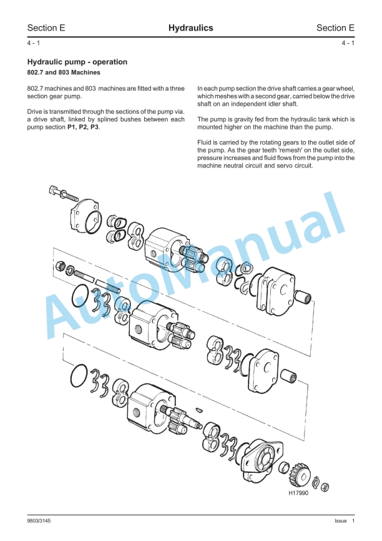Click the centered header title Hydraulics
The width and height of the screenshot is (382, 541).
(x=190, y=28)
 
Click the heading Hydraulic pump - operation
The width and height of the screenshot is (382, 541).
(x=77, y=62)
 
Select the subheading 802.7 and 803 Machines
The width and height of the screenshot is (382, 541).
(x=64, y=72)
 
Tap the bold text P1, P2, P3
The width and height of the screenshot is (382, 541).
(x=83, y=127)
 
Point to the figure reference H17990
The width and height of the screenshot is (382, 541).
(x=300, y=493)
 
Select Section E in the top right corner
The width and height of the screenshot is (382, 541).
(x=335, y=28)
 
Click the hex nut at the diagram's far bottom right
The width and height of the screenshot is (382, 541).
(x=325, y=487)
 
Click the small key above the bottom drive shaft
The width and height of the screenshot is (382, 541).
(x=199, y=409)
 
